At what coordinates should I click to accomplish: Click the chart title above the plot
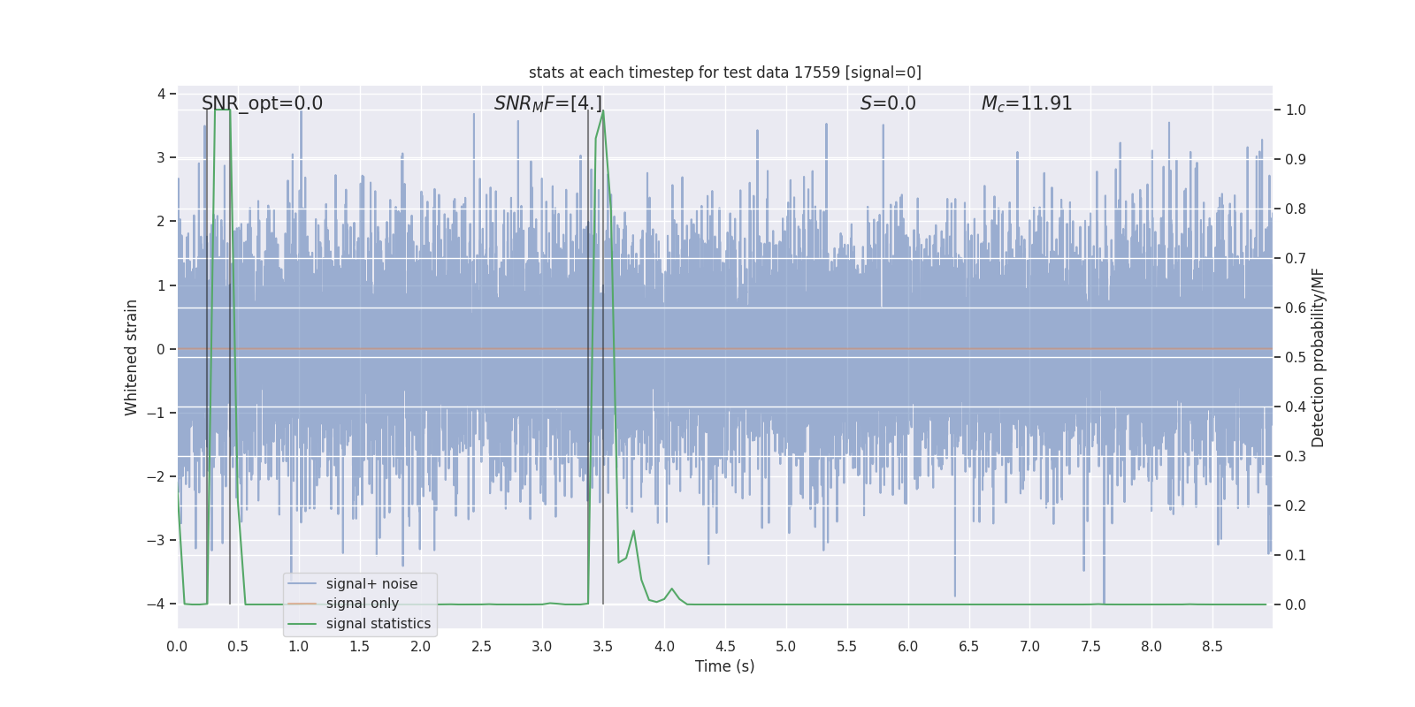724,72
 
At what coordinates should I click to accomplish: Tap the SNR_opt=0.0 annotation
262,103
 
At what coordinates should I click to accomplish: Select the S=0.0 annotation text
888,103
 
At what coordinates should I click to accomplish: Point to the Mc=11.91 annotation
1026,103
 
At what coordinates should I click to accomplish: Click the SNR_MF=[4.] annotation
547,103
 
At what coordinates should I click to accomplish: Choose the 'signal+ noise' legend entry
371,584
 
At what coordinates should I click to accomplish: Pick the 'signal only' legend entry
362,604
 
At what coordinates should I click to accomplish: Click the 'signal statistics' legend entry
378,624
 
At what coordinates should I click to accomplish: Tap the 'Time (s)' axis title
724,666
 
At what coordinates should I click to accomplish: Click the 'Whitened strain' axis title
132,357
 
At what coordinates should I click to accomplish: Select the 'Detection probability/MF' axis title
1318,357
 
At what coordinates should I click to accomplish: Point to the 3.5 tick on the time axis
603,646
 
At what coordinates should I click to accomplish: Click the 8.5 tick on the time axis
1212,646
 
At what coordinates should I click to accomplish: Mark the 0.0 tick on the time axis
177,646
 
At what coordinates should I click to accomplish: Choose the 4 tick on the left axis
161,94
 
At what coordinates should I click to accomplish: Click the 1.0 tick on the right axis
1296,110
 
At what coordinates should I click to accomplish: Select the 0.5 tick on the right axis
1296,358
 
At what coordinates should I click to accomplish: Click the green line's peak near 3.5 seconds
603,111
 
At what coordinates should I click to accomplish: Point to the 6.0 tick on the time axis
907,646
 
